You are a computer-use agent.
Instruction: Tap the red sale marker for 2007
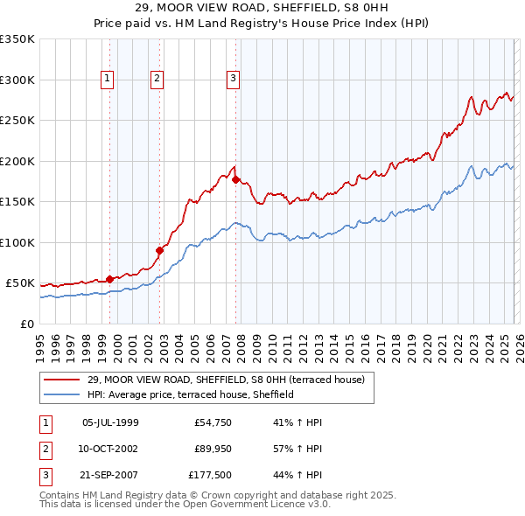click(x=236, y=180)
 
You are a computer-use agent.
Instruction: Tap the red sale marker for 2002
click(x=159, y=251)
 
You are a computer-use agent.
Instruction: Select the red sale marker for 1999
click(x=109, y=279)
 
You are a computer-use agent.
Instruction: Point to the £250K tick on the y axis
click(x=17, y=121)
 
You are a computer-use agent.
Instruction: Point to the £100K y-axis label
click(x=17, y=242)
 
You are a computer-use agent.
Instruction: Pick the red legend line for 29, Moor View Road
click(x=62, y=380)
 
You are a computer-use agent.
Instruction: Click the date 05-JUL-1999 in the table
click(x=110, y=422)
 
